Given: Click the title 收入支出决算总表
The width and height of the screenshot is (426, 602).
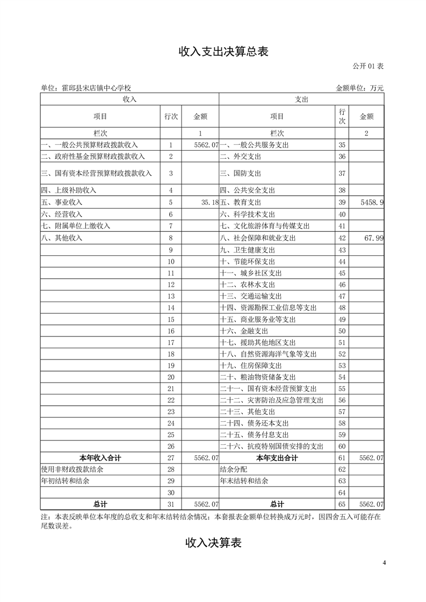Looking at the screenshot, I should pos(223,52).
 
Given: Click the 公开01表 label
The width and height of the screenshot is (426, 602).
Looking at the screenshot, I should pos(368,67).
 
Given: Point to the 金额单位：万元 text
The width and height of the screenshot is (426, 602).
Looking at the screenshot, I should pos(359,88).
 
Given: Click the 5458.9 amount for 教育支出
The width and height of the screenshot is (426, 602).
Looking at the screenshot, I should pos(371,202).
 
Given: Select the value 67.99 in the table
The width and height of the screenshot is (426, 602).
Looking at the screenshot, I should pos(373,238).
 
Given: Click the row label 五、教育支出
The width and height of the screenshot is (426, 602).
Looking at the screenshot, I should pos(241,202).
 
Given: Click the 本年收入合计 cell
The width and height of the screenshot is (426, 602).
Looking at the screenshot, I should pos(100,458).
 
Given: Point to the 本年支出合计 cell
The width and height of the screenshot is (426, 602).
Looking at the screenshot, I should pos(277,458).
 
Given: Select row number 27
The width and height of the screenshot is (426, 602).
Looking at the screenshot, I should pos(171,458).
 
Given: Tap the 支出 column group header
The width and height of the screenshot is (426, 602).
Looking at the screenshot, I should pos(301,99).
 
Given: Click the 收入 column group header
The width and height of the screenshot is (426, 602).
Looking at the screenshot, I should pos(129,99).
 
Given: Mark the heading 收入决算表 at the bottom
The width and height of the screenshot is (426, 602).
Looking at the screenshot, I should pos(213,543).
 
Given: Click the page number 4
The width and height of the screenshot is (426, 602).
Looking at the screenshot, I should pos(384,563).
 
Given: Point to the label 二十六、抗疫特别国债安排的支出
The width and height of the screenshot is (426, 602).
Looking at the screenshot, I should pos(272,446).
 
